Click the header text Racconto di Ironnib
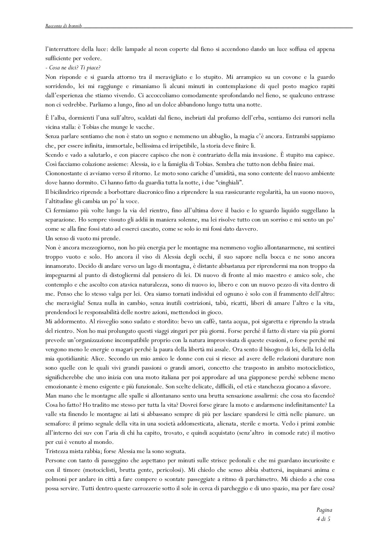64,26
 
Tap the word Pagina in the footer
324,510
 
